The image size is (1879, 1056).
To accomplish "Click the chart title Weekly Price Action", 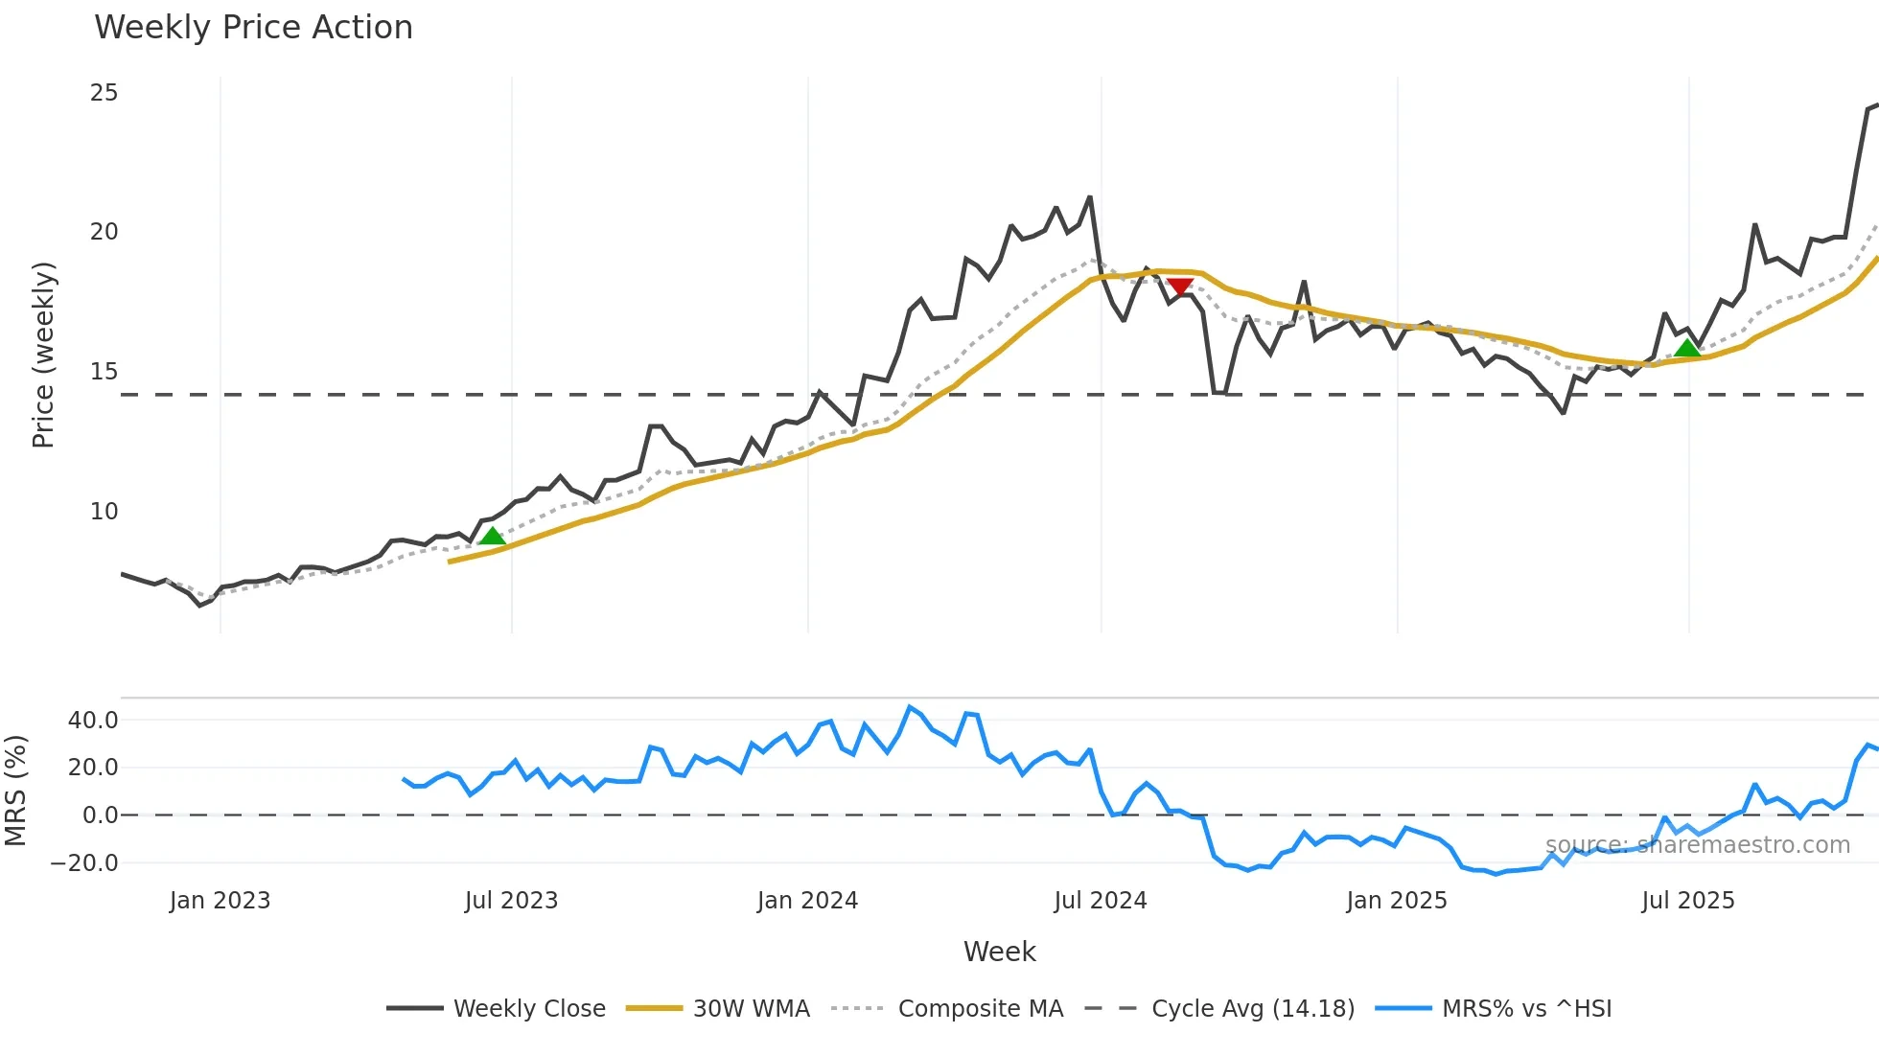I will [253, 28].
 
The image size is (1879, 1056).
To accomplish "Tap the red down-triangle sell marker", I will [1180, 287].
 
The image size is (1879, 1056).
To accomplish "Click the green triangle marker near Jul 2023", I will [492, 536].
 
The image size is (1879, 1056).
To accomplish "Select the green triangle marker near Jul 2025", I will [1687, 348].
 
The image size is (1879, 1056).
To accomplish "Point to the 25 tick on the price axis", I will [104, 93].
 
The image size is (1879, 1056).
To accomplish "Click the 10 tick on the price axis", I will [104, 512].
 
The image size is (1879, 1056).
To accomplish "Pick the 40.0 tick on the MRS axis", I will [93, 721].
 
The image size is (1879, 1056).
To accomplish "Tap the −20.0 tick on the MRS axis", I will [84, 863].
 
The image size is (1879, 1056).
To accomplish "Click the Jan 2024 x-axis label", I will [807, 901].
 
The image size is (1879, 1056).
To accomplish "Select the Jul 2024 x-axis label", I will [1101, 901].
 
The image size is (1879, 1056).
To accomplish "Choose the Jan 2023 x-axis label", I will [220, 901].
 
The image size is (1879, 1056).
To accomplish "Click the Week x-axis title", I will [999, 952].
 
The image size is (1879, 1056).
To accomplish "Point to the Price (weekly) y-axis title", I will [43, 355].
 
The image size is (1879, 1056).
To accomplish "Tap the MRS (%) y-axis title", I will [15, 791].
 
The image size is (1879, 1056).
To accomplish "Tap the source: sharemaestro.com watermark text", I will [1697, 845].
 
